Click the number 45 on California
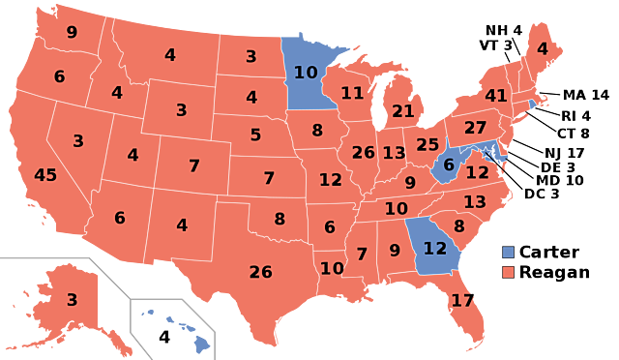(x=45, y=175)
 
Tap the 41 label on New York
(x=496, y=96)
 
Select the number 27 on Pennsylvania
(x=475, y=128)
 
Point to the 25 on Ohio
(x=427, y=145)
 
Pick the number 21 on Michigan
(x=403, y=111)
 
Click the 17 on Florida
(x=462, y=301)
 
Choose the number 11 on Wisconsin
(x=352, y=93)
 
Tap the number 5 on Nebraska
(x=255, y=135)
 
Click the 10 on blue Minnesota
(x=306, y=73)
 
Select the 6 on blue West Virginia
(x=449, y=165)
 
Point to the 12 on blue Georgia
(x=435, y=249)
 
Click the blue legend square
(x=508, y=252)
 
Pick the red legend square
(x=508, y=272)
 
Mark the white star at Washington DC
(x=486, y=153)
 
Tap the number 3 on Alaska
(x=72, y=300)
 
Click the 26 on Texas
(x=260, y=272)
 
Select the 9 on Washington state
(x=72, y=32)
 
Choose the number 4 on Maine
(x=542, y=48)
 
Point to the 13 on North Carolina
(x=474, y=202)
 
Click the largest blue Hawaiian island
(x=200, y=342)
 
